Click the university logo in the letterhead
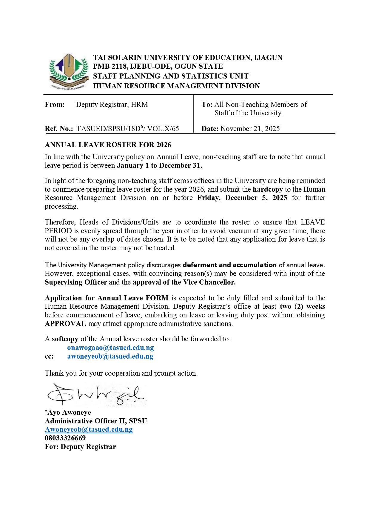pyautogui.click(x=69, y=71)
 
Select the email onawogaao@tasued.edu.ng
pyautogui.click(x=110, y=348)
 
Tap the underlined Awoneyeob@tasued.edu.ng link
pyautogui.click(x=89, y=429)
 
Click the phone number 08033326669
pyautogui.click(x=65, y=438)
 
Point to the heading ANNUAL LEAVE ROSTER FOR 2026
pyautogui.click(x=108, y=145)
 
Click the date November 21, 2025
pyautogui.click(x=250, y=129)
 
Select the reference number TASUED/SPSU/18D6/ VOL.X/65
pyautogui.click(x=127, y=129)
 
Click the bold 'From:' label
pyautogui.click(x=55, y=105)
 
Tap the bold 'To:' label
pyautogui.click(x=207, y=105)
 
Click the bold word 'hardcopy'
pyautogui.click(x=268, y=189)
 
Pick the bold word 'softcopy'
pyautogui.click(x=65, y=339)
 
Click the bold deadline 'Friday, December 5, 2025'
pyautogui.click(x=242, y=198)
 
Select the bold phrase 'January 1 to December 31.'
pyautogui.click(x=159, y=165)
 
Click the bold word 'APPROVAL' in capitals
pyautogui.click(x=65, y=324)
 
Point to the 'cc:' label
pyautogui.click(x=49, y=356)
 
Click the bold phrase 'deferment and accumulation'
pyautogui.click(x=229, y=265)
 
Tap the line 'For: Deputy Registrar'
pyautogui.click(x=80, y=447)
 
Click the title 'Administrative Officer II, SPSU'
pyautogui.click(x=96, y=421)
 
